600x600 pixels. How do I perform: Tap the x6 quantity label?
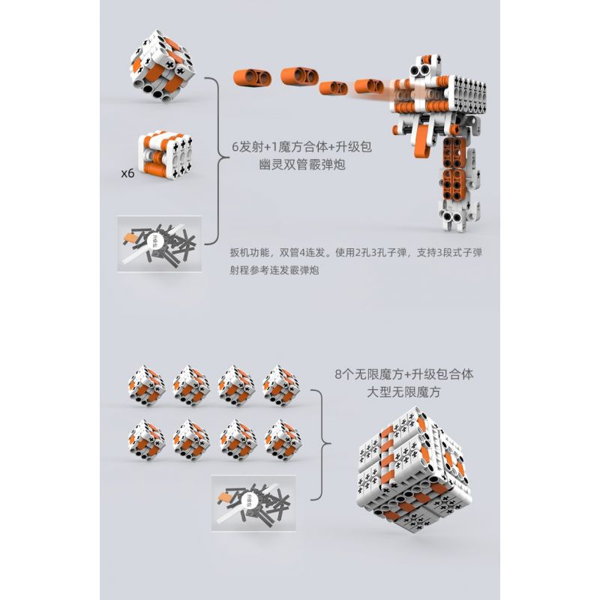point(127,172)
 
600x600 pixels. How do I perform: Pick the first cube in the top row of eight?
point(147,383)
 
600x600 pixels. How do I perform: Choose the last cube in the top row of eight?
point(282,383)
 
